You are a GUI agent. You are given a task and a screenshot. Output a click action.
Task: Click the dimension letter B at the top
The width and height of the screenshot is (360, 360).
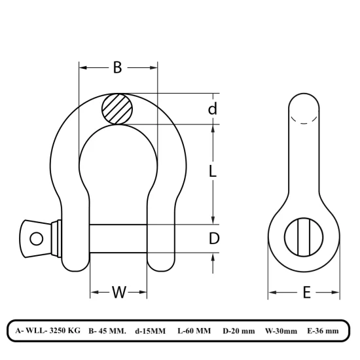[x=118, y=67]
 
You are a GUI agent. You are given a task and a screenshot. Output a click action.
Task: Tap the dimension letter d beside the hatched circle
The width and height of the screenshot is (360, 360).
[x=212, y=109]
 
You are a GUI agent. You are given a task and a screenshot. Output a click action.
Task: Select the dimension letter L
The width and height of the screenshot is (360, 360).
[x=213, y=172]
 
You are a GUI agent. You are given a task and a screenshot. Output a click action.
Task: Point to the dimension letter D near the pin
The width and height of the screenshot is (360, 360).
[x=213, y=239]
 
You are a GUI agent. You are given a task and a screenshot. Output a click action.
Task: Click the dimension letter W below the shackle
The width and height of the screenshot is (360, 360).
[x=118, y=292]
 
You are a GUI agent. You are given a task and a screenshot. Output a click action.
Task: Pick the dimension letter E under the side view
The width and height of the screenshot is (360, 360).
[x=306, y=293]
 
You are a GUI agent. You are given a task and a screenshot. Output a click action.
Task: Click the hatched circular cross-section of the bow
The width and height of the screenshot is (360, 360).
[x=118, y=109]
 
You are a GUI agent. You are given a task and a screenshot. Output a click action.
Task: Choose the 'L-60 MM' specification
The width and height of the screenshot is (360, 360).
[x=194, y=331]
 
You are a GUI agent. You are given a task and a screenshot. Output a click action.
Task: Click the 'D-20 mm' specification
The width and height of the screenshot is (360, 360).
[x=239, y=331]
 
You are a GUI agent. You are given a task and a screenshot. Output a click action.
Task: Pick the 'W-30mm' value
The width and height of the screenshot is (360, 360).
[x=281, y=331]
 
